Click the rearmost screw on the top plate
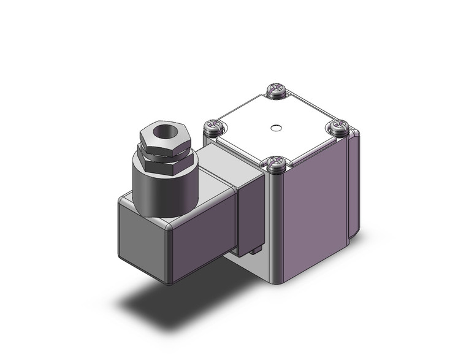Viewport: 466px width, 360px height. tap(277, 92)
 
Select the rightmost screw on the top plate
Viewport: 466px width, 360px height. tap(338, 127)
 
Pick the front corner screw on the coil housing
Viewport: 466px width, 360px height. tap(275, 163)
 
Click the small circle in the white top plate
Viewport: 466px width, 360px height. tap(276, 128)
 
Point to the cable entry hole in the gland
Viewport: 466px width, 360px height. tap(162, 131)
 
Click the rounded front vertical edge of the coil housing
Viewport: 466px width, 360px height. tap(277, 227)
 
